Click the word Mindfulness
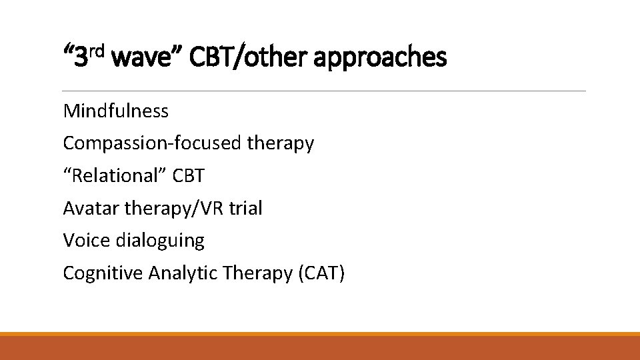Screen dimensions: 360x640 (x=115, y=111)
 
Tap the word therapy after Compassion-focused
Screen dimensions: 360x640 (x=280, y=143)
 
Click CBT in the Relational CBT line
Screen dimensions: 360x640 (x=188, y=176)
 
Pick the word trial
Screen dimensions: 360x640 (x=245, y=209)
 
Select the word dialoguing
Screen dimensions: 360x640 (x=160, y=241)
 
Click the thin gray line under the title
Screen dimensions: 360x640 (x=324, y=91)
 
